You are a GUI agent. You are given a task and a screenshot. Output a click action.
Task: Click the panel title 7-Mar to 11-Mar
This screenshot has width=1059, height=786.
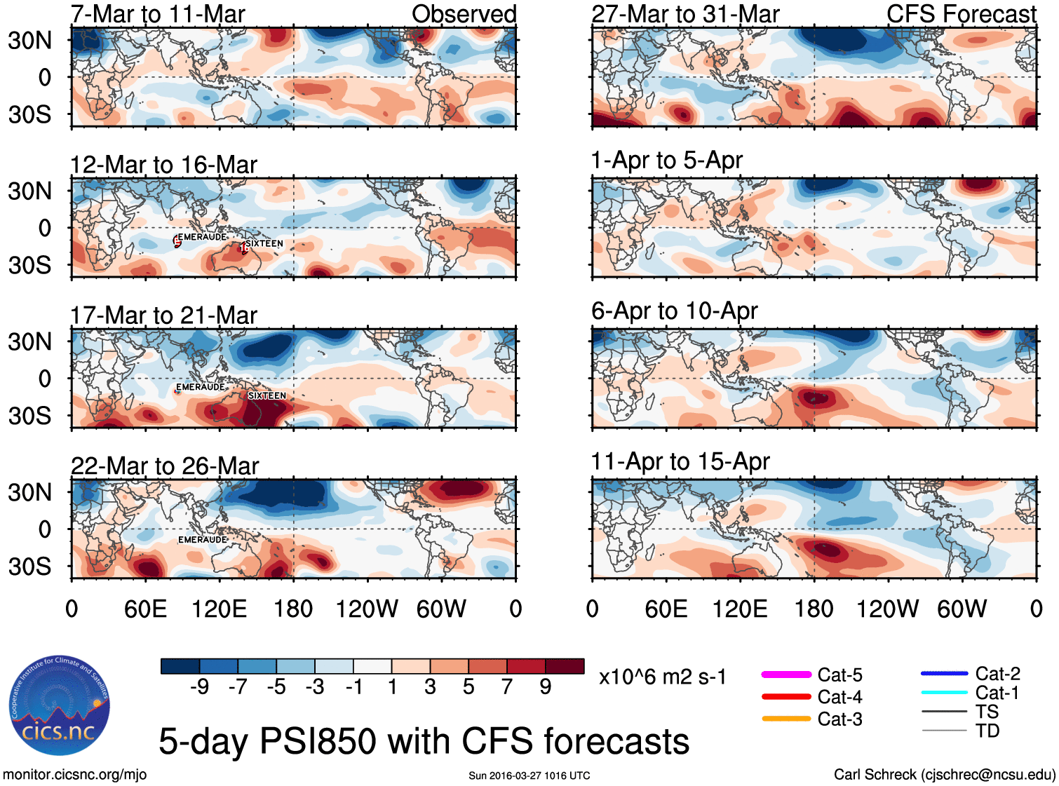pos(158,14)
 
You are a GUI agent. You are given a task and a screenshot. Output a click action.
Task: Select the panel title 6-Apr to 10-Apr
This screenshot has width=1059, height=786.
pos(674,311)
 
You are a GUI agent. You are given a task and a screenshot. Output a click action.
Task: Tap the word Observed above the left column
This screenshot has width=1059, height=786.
pos(464,14)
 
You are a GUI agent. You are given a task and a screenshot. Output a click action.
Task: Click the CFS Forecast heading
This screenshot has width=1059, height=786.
pos(961,14)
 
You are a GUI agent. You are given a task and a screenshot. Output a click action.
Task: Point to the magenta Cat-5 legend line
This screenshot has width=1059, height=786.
pos(786,675)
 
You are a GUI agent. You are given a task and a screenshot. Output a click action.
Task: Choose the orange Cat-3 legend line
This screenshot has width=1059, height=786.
pos(786,719)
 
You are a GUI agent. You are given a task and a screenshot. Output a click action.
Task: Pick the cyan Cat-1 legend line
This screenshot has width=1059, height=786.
pos(944,693)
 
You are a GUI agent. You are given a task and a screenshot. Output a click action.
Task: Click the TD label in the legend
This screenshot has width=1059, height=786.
pos(987,731)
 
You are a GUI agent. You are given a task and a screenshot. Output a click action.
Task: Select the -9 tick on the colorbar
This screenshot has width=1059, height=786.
pos(199,687)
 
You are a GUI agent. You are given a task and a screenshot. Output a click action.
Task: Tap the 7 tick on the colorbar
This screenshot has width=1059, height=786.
pos(506,687)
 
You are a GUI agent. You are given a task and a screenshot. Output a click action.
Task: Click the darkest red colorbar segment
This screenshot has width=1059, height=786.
pos(565,666)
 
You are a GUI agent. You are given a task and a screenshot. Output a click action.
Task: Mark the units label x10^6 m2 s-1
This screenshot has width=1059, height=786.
pos(662,677)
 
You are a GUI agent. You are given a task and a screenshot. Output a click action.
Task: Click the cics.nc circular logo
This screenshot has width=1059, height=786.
pos(60,706)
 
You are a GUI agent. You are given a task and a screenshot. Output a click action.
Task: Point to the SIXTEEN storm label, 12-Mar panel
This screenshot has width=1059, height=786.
pos(264,243)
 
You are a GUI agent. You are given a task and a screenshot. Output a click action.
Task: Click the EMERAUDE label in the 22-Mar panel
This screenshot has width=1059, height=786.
pos(202,539)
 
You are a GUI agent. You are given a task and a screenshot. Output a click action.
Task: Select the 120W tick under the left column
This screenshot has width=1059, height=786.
pos(367,609)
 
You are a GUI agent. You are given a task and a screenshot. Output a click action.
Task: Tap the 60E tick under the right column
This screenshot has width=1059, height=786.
pos(666,609)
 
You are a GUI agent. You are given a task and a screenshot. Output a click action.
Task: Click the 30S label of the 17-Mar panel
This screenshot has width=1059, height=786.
pos(29,416)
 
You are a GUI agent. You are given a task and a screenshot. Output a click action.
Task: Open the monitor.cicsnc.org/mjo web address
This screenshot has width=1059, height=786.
pos(75,775)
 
